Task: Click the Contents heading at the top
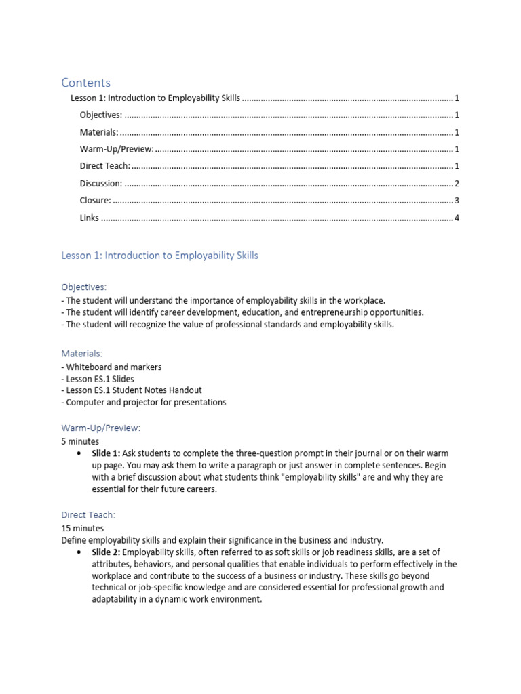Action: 85,83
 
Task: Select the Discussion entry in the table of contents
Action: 100,183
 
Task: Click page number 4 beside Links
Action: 457,218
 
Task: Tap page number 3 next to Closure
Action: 457,201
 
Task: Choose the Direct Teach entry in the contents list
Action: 104,166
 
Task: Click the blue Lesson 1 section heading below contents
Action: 159,256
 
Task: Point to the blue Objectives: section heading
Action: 83,287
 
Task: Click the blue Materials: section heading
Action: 82,354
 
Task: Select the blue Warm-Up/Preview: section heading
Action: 100,428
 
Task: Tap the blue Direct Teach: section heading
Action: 88,515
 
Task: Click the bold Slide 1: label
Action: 106,453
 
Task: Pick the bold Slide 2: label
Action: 106,552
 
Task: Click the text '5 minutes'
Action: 80,441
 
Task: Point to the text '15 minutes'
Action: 82,528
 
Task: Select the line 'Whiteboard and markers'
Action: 113,367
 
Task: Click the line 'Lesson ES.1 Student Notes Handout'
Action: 134,390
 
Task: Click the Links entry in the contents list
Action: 89,218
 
